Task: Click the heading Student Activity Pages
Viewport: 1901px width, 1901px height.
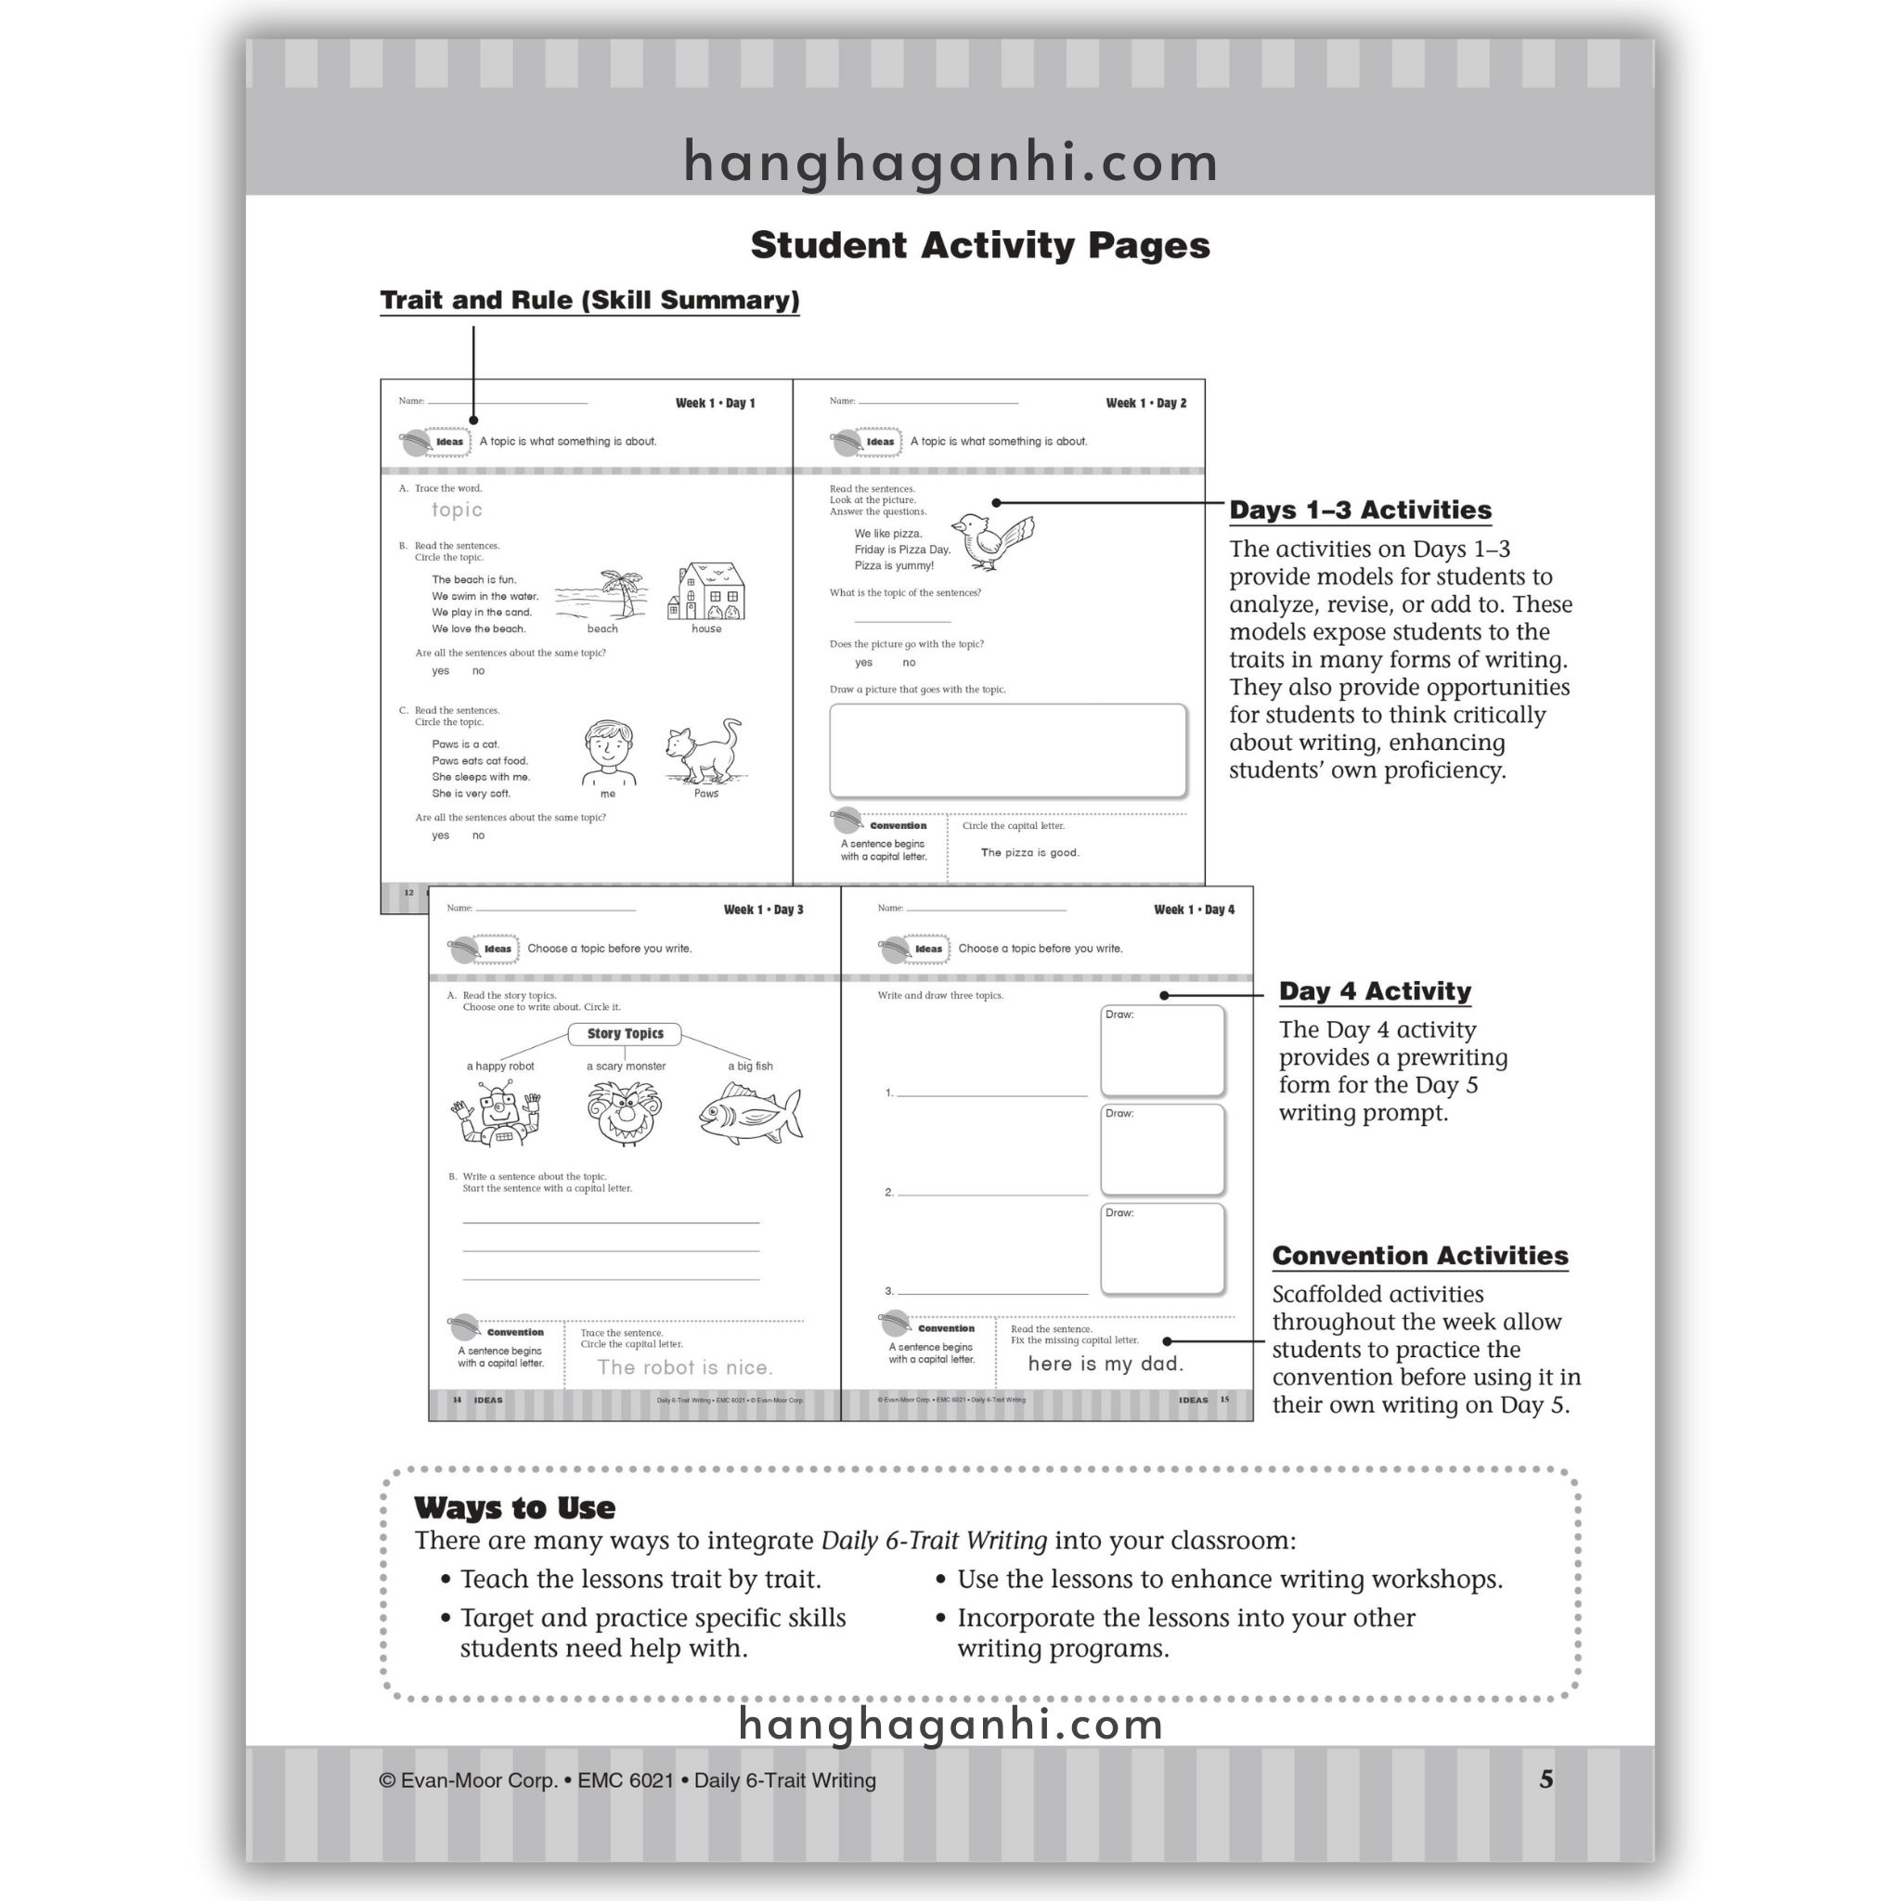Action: (980, 245)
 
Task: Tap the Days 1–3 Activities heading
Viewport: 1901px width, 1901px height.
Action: (1360, 510)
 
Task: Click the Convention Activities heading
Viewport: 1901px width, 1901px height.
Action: (1420, 1256)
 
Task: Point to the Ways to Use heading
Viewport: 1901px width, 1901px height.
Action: (514, 1507)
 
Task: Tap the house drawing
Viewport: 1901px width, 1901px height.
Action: (706, 591)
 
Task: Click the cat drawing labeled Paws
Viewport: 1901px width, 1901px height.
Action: (705, 752)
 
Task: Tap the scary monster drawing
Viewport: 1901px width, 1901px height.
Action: (626, 1113)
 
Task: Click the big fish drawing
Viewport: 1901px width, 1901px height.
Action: (750, 1113)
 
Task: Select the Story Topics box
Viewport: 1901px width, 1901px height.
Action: (625, 1034)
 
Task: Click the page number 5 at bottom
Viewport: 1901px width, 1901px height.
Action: (1545, 1779)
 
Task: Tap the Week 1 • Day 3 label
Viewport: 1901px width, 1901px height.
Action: (764, 909)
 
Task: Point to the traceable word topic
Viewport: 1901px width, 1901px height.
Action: (457, 510)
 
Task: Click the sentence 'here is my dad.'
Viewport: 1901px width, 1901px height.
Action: (1106, 1364)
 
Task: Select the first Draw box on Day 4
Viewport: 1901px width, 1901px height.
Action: (1162, 1050)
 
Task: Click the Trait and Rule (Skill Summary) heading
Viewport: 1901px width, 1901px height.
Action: (589, 300)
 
